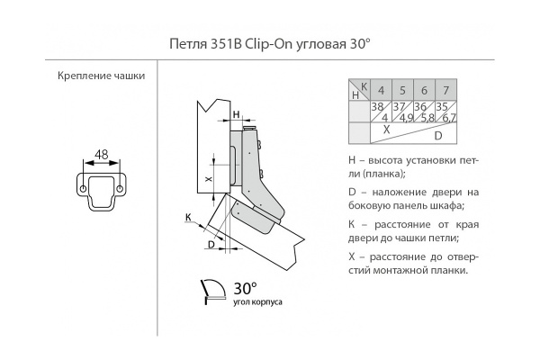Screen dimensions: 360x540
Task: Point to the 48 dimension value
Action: (x=101, y=154)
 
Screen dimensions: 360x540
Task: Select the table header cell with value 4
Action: (x=382, y=89)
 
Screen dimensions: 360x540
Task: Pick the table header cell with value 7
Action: (x=445, y=89)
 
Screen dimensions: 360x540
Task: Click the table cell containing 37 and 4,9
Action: (x=402, y=112)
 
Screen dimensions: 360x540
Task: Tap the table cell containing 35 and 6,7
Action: (x=445, y=112)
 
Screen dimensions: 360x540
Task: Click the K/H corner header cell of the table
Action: (x=359, y=89)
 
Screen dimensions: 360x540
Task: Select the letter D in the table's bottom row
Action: (x=437, y=136)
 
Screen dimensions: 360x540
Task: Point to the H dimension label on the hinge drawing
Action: (x=236, y=115)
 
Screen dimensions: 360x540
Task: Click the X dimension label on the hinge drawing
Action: (x=209, y=180)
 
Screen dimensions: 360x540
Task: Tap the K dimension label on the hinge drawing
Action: (x=188, y=217)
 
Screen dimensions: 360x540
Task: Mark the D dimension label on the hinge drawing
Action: (x=211, y=244)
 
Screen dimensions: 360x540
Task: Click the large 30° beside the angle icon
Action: (x=245, y=289)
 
